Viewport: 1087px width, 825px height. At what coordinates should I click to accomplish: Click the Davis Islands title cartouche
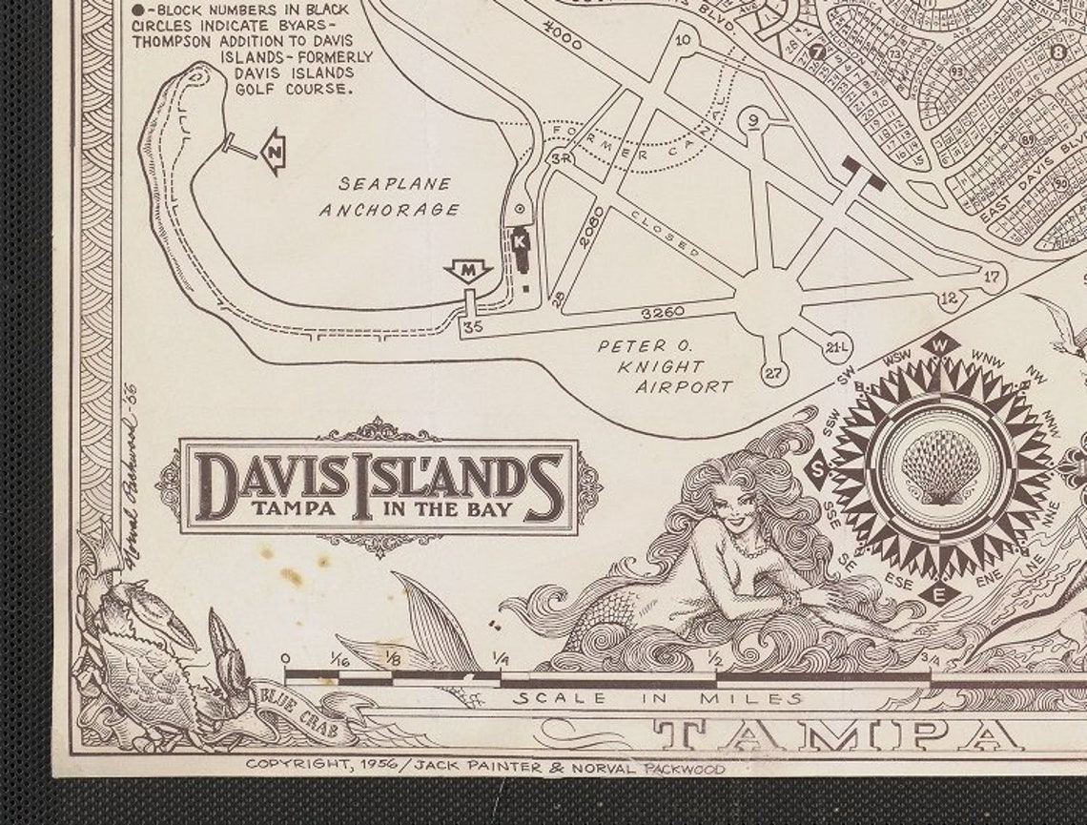(x=379, y=486)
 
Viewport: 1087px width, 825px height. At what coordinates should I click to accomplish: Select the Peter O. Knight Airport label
(x=666, y=366)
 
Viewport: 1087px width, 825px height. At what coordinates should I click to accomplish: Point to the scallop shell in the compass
(x=940, y=465)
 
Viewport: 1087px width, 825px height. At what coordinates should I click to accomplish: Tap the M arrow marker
(x=467, y=271)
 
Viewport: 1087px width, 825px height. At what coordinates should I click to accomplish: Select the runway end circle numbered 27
(x=773, y=372)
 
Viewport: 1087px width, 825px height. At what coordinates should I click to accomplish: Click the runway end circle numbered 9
(x=753, y=119)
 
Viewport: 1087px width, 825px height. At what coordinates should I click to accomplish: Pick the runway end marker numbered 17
(x=992, y=277)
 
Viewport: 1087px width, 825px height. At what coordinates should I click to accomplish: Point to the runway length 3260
(x=663, y=312)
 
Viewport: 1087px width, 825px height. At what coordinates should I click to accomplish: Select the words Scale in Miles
(x=658, y=698)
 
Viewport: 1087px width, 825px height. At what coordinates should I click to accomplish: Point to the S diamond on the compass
(x=817, y=469)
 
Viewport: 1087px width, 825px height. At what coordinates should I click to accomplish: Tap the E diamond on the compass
(x=939, y=594)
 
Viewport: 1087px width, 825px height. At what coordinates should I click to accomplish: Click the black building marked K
(x=522, y=244)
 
